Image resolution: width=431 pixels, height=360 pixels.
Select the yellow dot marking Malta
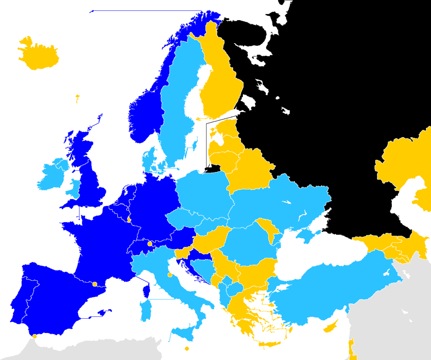[187, 348]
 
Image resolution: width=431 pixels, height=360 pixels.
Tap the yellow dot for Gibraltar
[35, 336]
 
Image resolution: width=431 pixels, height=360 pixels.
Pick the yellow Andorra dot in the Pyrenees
[94, 284]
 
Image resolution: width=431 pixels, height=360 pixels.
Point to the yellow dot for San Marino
[170, 275]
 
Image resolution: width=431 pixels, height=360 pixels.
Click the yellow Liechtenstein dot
[150, 244]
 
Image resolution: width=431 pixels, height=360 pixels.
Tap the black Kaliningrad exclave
[213, 169]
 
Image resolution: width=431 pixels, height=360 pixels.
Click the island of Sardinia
[146, 311]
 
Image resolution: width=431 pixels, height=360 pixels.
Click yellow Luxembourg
[129, 219]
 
